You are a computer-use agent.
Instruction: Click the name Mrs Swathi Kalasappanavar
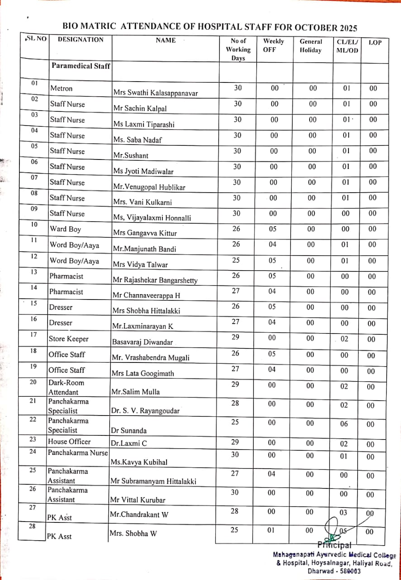[x=156, y=93]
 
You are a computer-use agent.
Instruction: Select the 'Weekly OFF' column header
[x=273, y=45]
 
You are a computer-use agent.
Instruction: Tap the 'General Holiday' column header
[x=310, y=46]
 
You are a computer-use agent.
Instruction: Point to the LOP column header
[x=375, y=43]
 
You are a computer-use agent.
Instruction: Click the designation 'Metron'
[x=62, y=88]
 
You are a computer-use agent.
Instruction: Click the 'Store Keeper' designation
[x=69, y=339]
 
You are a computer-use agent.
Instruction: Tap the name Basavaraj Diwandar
[x=140, y=342]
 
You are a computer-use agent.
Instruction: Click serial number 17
[x=33, y=335]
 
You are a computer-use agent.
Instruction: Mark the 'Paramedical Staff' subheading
[x=81, y=66]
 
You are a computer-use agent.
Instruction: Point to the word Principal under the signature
[x=334, y=545]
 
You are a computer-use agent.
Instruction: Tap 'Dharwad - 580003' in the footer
[x=334, y=571]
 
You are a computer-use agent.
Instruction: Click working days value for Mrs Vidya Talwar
[x=236, y=261]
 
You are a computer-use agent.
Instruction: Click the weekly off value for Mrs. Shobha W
[x=272, y=529]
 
